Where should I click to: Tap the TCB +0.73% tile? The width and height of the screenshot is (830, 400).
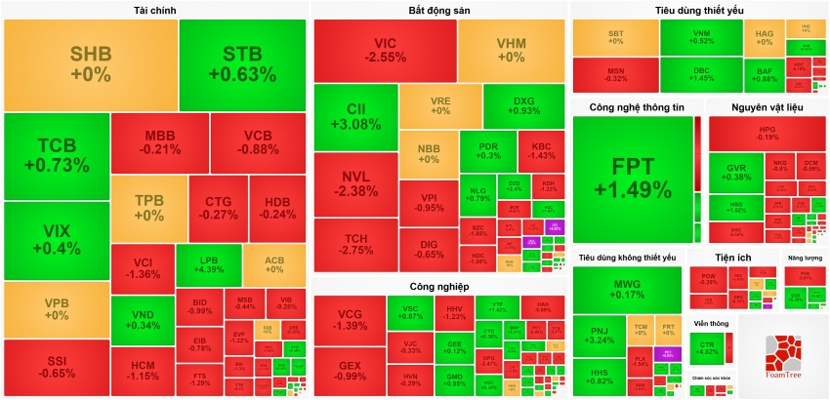[56, 156]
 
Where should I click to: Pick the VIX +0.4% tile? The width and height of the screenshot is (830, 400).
[56, 240]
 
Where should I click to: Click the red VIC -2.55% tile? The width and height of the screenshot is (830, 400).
[385, 51]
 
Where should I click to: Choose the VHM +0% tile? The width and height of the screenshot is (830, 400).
[511, 51]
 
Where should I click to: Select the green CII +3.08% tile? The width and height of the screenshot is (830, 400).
[355, 116]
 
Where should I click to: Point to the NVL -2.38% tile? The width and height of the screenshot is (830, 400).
[355, 183]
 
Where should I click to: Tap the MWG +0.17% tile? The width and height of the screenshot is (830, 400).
[627, 288]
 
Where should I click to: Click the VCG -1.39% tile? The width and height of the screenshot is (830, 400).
[349, 320]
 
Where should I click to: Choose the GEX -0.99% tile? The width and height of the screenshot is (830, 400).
[349, 371]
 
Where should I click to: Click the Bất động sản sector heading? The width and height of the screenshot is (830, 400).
[438, 10]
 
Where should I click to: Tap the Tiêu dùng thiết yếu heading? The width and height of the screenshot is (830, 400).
[698, 10]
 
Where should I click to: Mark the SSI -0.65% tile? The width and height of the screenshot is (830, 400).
[56, 367]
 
